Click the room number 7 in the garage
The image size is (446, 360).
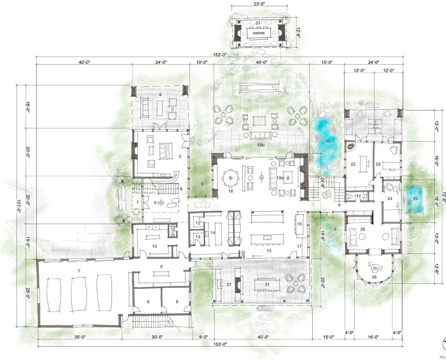(78, 270)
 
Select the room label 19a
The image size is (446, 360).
(280, 177)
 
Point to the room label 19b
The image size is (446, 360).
(260, 145)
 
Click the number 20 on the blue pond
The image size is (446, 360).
(328, 141)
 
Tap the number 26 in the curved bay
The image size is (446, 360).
(374, 277)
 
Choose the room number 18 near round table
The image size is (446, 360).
(231, 191)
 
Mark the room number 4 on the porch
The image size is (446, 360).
(160, 94)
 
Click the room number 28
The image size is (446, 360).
(363, 229)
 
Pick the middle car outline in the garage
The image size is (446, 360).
(79, 294)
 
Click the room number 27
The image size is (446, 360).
(229, 284)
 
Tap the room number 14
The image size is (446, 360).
(213, 232)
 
